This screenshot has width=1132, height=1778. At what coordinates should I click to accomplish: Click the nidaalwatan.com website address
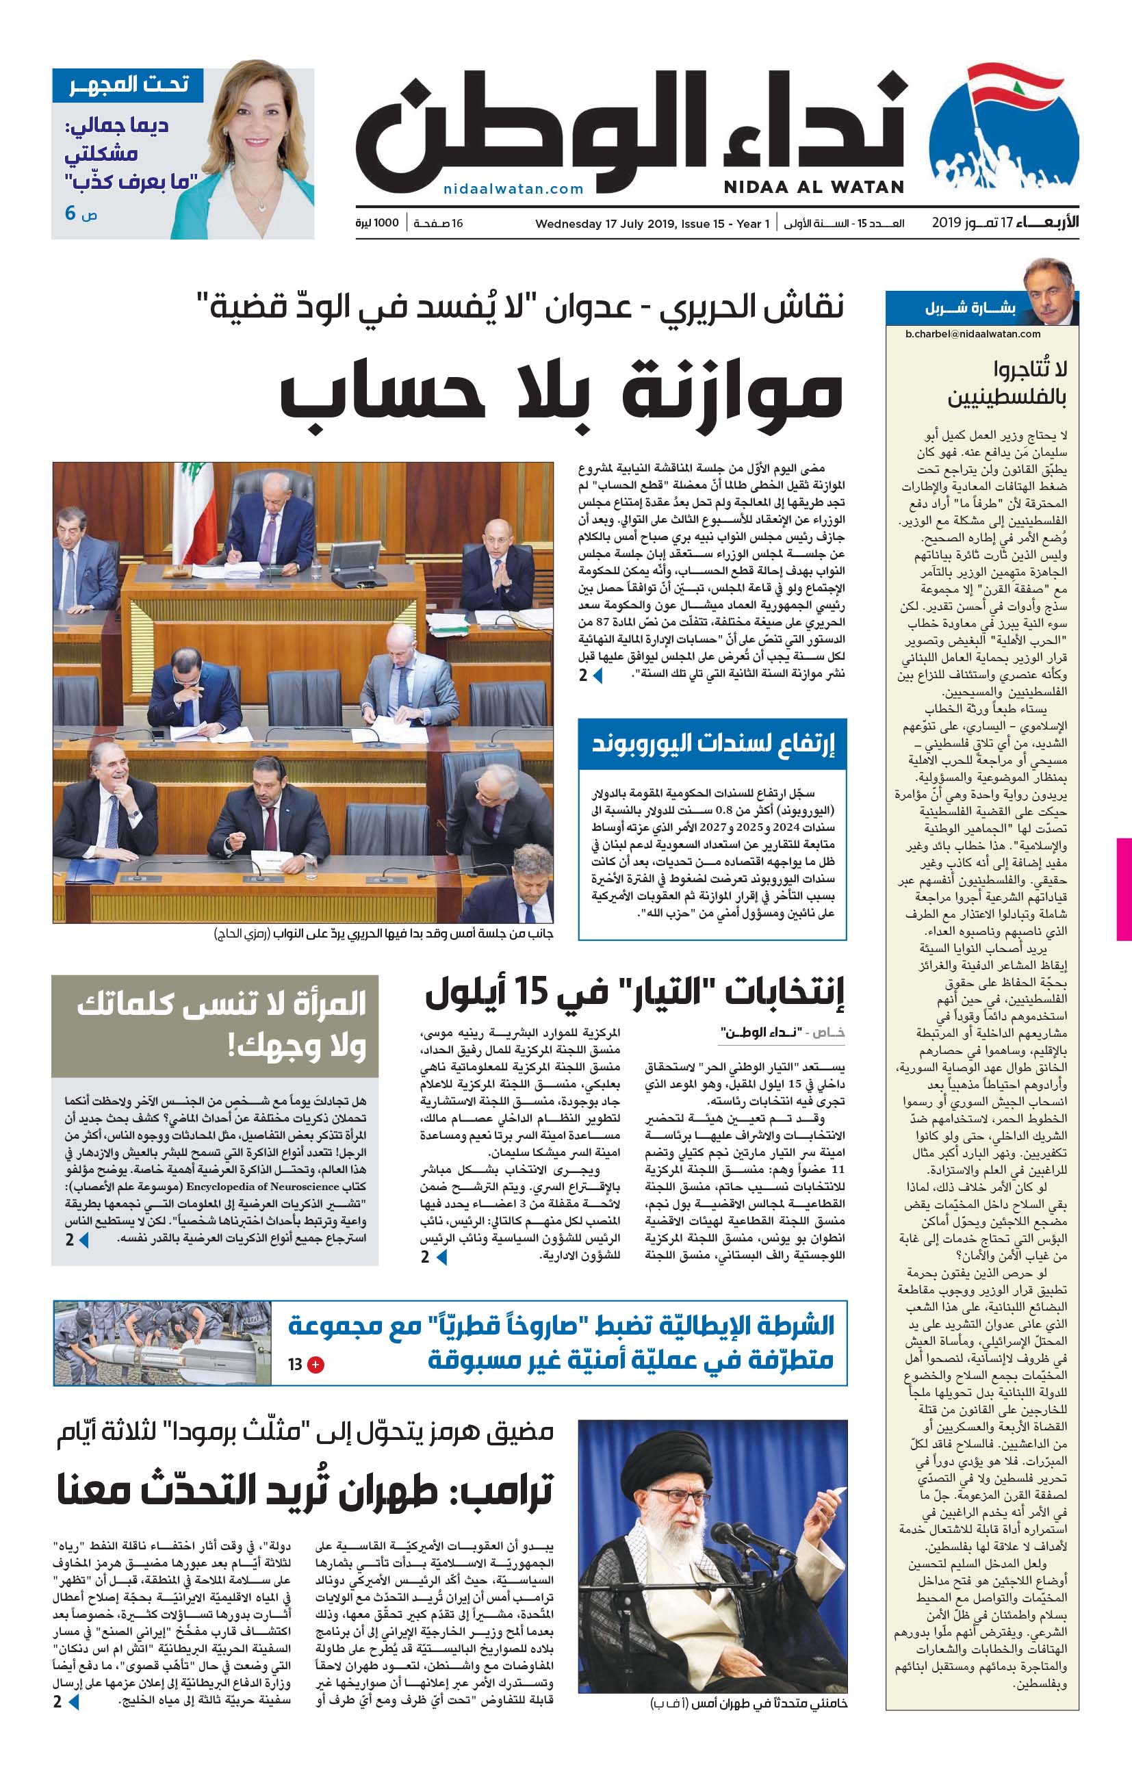513,189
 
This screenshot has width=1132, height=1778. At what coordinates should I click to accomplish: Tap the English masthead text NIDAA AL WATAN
814,187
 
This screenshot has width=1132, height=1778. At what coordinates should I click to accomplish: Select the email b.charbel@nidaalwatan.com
973,333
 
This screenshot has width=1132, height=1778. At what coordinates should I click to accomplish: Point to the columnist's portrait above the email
1049,292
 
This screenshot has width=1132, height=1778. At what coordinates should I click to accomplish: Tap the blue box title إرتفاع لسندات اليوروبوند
712,743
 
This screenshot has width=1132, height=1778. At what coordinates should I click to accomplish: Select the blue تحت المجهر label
129,85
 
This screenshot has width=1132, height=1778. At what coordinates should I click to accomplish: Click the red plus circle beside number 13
316,1364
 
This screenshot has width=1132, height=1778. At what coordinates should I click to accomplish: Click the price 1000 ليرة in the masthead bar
377,223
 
